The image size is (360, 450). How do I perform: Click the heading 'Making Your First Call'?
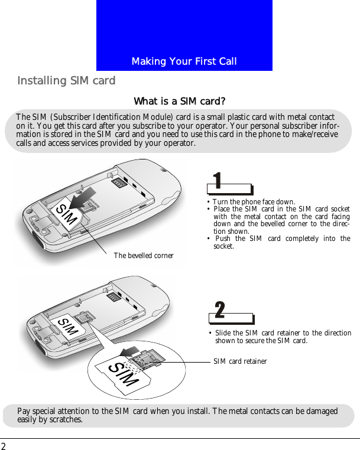coord(184,61)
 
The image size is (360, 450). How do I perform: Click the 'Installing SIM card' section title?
coord(66,80)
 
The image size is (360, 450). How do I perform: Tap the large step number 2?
coord(219,309)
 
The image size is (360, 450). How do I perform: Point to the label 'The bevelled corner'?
coord(144,256)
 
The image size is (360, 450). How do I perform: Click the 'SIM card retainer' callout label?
coord(240,361)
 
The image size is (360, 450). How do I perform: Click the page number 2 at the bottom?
coord(4,445)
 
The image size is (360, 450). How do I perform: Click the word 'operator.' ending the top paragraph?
coord(179,143)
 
